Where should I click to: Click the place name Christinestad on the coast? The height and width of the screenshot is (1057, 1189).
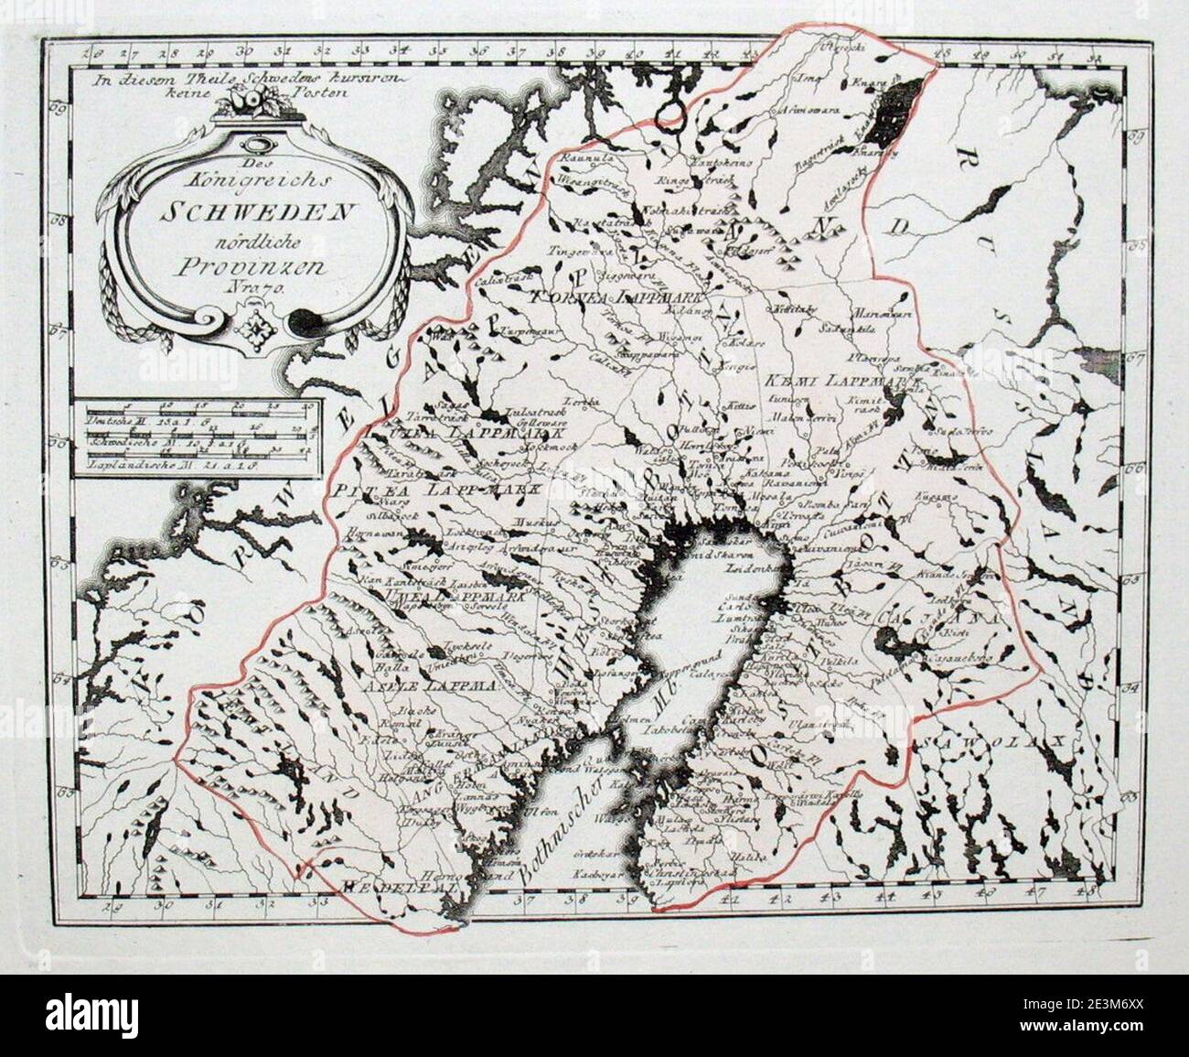point(688,870)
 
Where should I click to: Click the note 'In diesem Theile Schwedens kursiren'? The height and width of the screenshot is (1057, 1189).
point(247,79)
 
